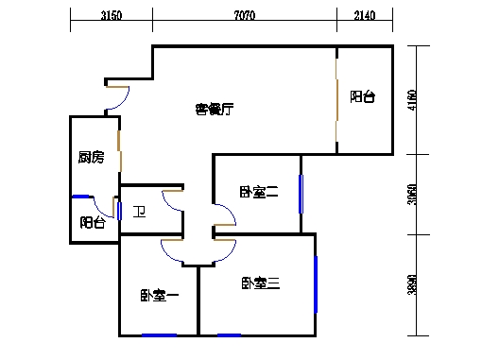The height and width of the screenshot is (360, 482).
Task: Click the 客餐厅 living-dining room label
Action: pos(215,110)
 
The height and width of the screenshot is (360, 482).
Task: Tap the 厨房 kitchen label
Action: pos(91,157)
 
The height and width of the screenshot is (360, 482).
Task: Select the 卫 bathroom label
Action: pos(138,212)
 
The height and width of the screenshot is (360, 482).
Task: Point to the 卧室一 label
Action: pos(160,295)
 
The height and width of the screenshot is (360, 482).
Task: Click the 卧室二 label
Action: pos(258,193)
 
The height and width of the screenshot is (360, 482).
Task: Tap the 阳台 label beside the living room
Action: pos(362,96)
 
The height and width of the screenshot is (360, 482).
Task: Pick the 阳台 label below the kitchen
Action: pos(93,223)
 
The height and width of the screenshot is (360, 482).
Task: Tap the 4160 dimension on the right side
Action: pos(413,99)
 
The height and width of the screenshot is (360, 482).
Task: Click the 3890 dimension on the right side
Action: pos(413,284)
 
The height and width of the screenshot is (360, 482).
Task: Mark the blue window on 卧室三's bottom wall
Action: pos(229,334)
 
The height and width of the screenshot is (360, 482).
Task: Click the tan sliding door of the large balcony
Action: pos(337,102)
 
